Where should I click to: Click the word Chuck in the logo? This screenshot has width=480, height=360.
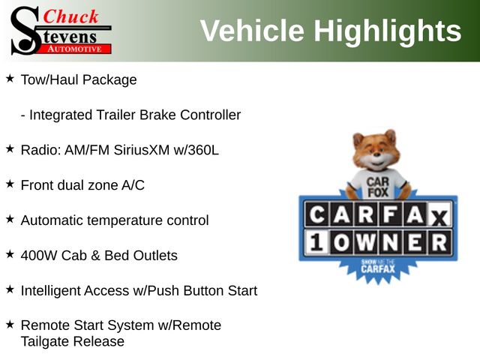(70, 16)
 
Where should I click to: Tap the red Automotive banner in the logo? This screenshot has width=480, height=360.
(75, 49)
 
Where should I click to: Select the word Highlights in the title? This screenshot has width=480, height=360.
(388, 31)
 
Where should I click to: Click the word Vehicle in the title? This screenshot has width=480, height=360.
(252, 31)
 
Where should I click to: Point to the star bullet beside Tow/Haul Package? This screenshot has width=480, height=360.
(10, 79)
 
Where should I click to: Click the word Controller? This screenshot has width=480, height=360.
(210, 115)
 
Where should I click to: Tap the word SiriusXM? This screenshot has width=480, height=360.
(142, 150)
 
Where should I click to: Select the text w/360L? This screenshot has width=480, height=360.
(196, 150)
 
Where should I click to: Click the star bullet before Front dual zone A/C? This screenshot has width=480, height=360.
(10, 184)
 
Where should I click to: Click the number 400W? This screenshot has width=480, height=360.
(39, 256)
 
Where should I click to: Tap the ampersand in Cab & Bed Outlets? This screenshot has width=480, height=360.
(95, 256)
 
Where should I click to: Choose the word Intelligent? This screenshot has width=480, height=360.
(52, 291)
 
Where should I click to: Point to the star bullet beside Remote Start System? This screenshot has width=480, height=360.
(10, 325)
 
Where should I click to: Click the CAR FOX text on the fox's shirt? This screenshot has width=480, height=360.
(378, 187)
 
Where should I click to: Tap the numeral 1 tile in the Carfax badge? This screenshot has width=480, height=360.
(316, 242)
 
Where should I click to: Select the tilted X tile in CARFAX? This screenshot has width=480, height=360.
(439, 217)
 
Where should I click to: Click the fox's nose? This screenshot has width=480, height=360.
(376, 156)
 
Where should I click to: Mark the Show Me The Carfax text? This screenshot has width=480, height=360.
(378, 265)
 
